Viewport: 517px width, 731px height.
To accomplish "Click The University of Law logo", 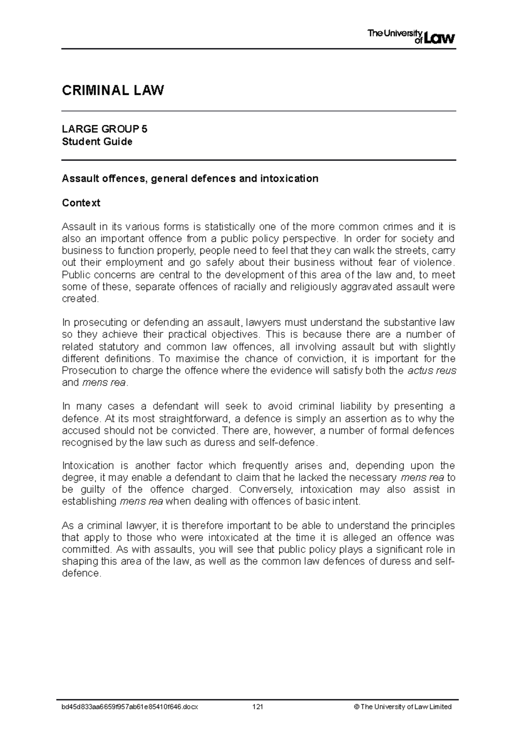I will [411, 37].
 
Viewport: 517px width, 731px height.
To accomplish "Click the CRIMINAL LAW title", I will [113, 90].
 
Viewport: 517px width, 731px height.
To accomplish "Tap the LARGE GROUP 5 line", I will [105, 129].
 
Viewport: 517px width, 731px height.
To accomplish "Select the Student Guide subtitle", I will [97, 142].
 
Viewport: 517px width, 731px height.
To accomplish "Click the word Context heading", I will [81, 203].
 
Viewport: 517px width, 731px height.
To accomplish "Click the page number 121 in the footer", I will [258, 707].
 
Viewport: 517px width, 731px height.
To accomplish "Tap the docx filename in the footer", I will [130, 707].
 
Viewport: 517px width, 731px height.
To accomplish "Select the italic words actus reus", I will [431, 371].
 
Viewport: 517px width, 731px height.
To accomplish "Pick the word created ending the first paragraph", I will [80, 299].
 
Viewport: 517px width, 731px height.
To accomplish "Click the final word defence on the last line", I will [81, 573].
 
